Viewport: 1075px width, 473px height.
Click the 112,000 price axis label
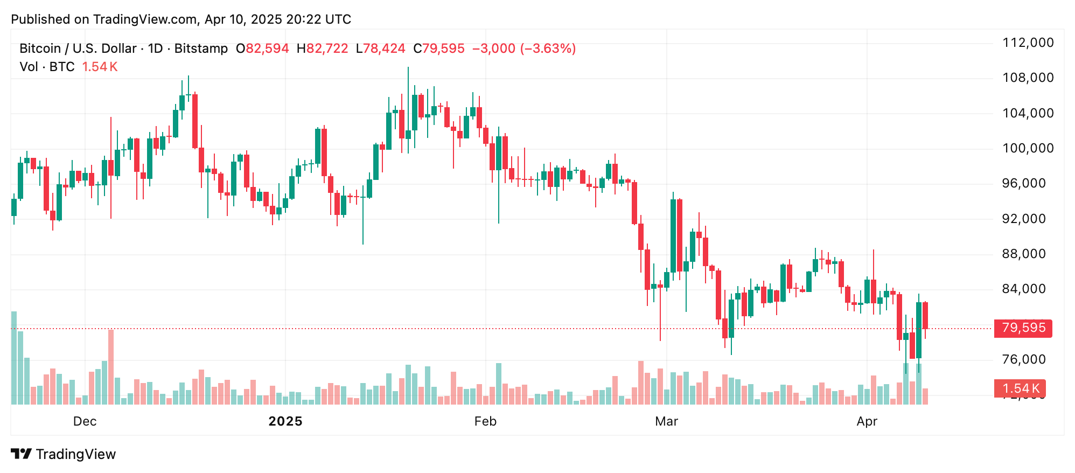point(1028,43)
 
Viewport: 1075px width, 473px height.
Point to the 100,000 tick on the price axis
point(1028,148)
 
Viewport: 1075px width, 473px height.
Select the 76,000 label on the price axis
point(1023,359)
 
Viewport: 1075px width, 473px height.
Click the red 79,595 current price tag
point(1023,328)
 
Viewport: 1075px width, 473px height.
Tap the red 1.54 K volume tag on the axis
point(1020,388)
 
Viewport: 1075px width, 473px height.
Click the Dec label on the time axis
point(85,421)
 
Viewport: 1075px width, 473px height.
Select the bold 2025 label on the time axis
point(285,421)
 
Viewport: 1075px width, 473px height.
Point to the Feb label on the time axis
point(485,421)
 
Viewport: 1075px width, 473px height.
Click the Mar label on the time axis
point(666,421)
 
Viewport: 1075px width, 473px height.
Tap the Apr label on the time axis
point(867,421)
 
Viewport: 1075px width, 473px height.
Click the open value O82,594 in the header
point(262,48)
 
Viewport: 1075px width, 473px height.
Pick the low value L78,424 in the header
point(380,48)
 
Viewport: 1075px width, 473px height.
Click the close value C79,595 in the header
point(438,48)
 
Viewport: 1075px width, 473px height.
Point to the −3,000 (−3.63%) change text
point(524,48)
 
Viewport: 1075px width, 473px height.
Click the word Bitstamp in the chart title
point(201,48)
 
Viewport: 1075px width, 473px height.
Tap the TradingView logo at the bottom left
point(64,454)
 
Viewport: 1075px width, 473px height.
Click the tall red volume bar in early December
point(111,366)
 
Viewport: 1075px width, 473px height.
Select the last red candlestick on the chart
point(925,316)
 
